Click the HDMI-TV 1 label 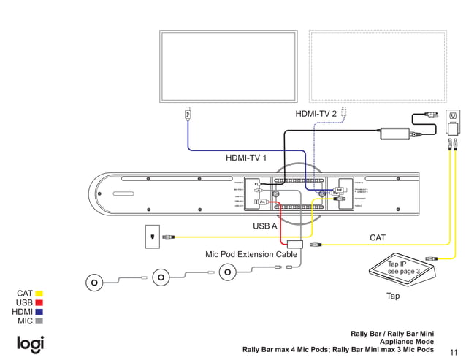tap(245, 158)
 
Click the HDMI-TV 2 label tap(316, 114)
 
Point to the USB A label tap(264, 226)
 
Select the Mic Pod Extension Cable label tap(251, 255)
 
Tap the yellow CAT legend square tap(39, 294)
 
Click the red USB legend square tap(39, 302)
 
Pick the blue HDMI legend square tap(39, 312)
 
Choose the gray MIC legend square tap(39, 321)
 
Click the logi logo tap(31, 344)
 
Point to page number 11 tap(454, 351)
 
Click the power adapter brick tap(394, 134)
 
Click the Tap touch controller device tap(402, 271)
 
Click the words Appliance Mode tap(407, 341)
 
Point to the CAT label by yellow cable tap(377, 237)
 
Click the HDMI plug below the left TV tap(188, 114)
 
